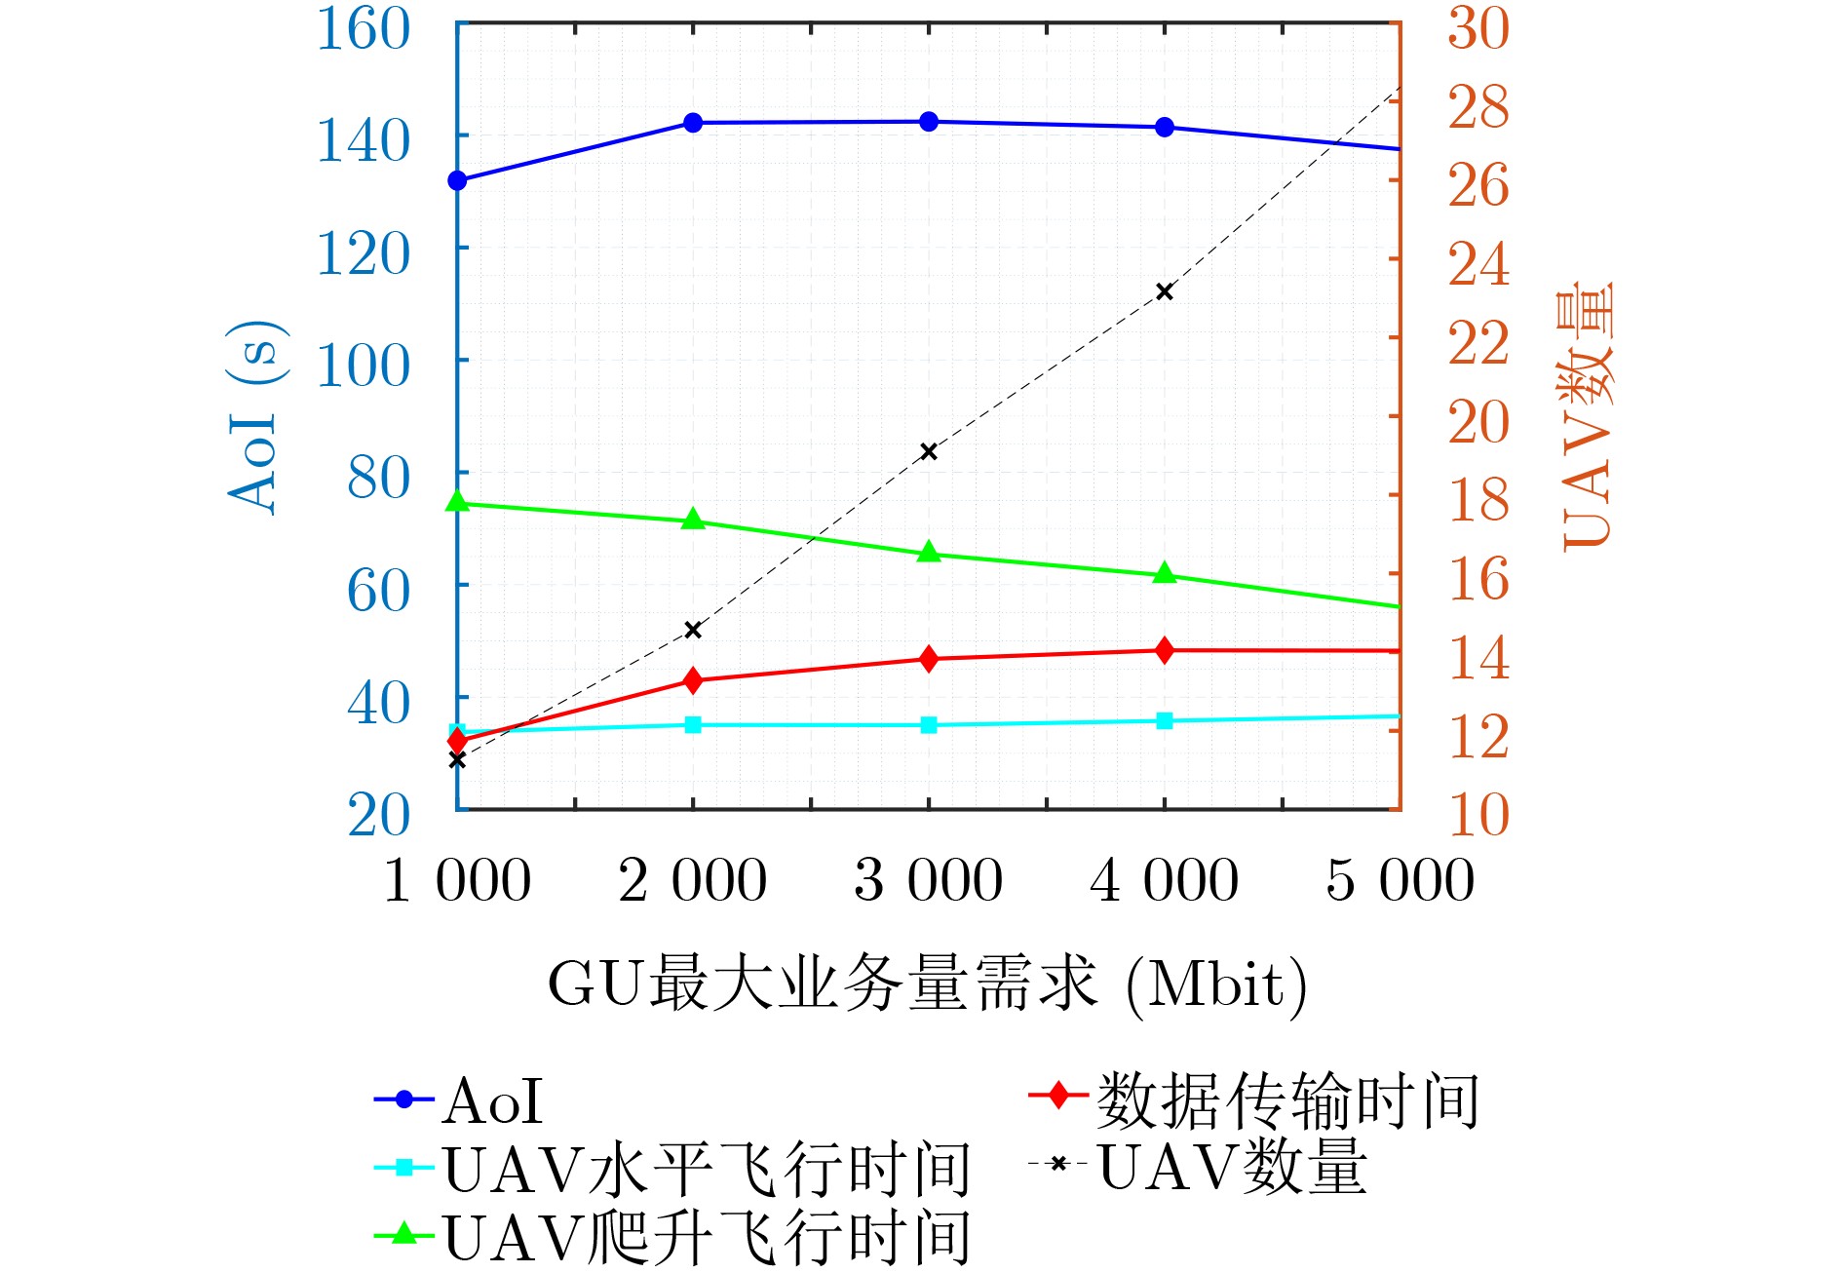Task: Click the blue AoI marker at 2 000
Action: pyautogui.click(x=693, y=123)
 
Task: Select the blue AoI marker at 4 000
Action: pyautogui.click(x=1164, y=127)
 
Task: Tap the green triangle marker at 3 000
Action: pyautogui.click(x=929, y=553)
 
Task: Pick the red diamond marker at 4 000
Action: pyautogui.click(x=1164, y=650)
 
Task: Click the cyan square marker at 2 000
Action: pyautogui.click(x=693, y=724)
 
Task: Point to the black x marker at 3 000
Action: pyautogui.click(x=929, y=451)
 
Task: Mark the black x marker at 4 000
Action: pyautogui.click(x=1164, y=292)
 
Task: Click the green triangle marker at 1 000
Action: pyautogui.click(x=457, y=502)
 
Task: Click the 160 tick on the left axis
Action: pyautogui.click(x=364, y=29)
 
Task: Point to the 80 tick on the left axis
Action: pyautogui.click(x=378, y=478)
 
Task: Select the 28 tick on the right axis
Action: pyautogui.click(x=1477, y=107)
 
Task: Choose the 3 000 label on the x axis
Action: pyautogui.click(x=928, y=879)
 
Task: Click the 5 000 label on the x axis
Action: pyautogui.click(x=1400, y=879)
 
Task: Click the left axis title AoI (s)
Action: pyautogui.click(x=256, y=416)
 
